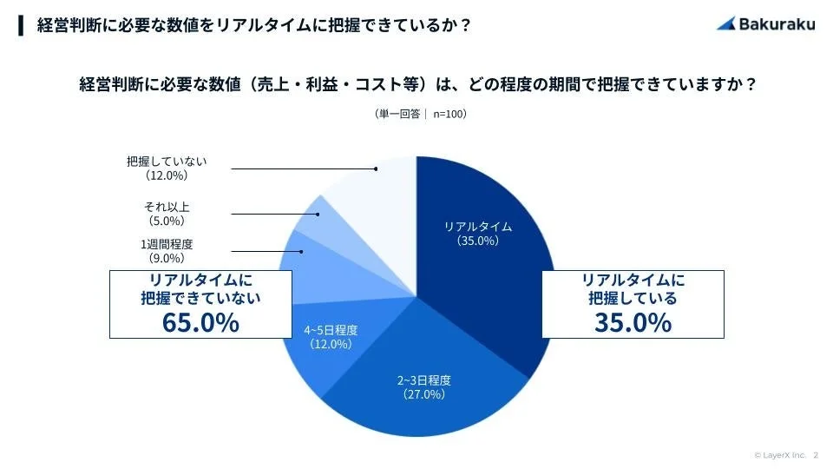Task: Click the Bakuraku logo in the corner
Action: (x=765, y=24)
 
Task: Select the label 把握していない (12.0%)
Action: (x=167, y=168)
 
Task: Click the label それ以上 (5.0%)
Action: (x=167, y=214)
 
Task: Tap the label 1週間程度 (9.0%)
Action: (x=167, y=251)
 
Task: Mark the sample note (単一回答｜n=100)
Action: (x=416, y=114)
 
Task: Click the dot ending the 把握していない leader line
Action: (x=376, y=168)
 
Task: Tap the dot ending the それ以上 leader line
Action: (x=318, y=214)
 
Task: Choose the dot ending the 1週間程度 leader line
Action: (x=302, y=252)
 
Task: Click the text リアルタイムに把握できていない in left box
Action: (x=200, y=287)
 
